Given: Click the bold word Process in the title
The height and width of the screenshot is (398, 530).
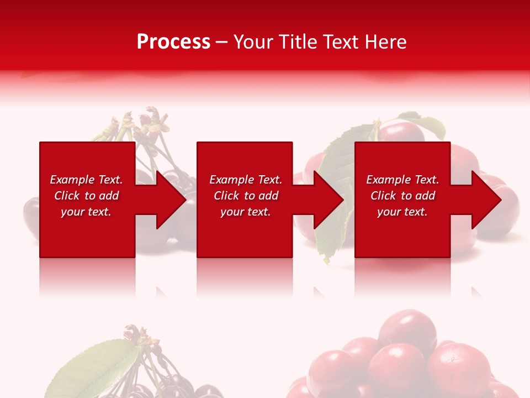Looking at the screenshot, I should (173, 42).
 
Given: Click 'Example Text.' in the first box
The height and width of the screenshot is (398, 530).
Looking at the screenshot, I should (86, 180).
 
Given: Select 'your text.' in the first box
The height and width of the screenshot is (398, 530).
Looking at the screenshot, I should (86, 212).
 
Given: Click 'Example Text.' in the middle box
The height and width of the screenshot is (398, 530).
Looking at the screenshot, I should (246, 180).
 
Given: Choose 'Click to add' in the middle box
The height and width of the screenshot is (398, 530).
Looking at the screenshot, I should (246, 196).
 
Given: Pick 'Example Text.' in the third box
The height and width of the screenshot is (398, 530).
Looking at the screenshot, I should (402, 180).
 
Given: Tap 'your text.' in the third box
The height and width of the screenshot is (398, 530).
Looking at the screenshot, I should (402, 212).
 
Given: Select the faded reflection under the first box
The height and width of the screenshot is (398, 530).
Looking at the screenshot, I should (87, 276).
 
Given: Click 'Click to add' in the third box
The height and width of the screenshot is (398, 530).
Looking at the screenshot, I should (402, 196).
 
